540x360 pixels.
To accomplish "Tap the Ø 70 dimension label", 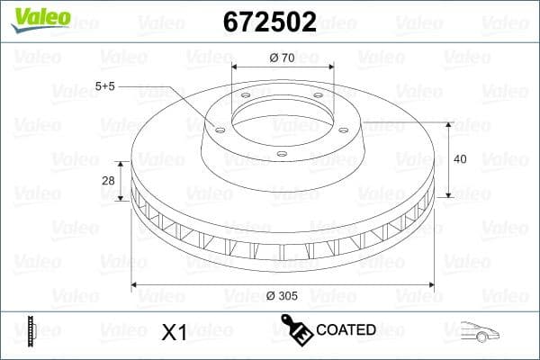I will (x=283, y=58).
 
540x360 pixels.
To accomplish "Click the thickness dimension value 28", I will (x=109, y=181).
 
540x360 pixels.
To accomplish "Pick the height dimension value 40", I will (x=461, y=158).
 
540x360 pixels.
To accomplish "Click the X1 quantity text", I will (x=173, y=332).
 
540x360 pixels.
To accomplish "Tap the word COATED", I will (x=346, y=330).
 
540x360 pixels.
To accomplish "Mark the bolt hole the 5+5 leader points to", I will (x=220, y=127).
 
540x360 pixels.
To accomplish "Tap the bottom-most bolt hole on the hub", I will (x=282, y=154).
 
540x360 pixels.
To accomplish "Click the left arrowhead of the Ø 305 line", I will (x=136, y=285).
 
